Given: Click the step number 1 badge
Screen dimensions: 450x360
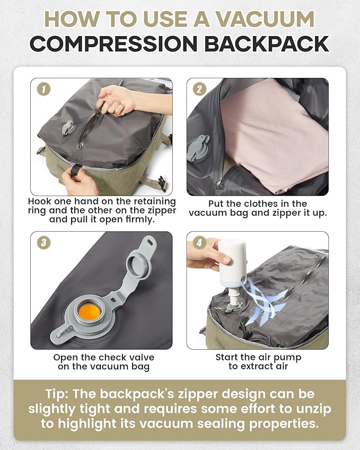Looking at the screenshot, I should tap(42, 89).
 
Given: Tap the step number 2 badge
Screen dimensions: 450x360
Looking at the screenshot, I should tap(199, 89).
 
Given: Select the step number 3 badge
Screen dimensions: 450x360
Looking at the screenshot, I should tap(42, 242).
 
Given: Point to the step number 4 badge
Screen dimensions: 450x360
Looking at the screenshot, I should tap(199, 242).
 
